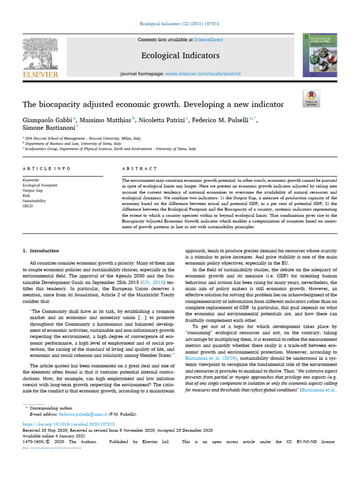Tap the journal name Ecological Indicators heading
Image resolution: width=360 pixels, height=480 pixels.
(180, 56)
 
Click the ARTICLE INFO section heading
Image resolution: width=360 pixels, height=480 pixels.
(47, 168)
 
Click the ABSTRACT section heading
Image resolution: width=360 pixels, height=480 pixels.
(139, 168)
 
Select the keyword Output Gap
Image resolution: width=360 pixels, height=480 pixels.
(34, 190)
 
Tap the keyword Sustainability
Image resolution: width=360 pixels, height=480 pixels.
(35, 200)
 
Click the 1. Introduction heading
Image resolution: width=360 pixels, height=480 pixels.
(41, 251)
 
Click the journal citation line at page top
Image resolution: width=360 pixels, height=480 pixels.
(180, 24)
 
